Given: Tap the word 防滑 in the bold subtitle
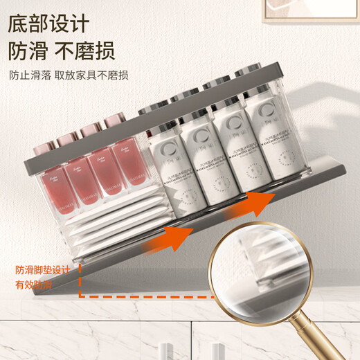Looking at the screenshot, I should pos(29,51).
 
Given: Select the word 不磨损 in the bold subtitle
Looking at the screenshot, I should pos(86,51).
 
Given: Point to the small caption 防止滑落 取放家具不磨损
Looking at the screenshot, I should pos(69,75).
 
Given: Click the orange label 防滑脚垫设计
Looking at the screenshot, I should pos(35,271).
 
